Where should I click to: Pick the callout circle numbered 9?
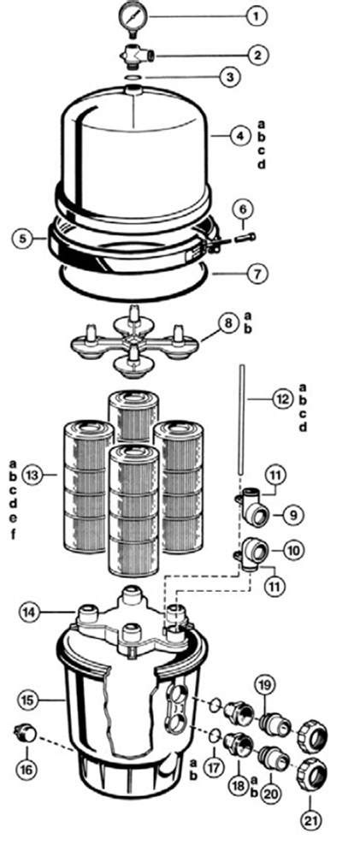[291, 516]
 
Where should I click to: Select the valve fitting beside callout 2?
[135, 56]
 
